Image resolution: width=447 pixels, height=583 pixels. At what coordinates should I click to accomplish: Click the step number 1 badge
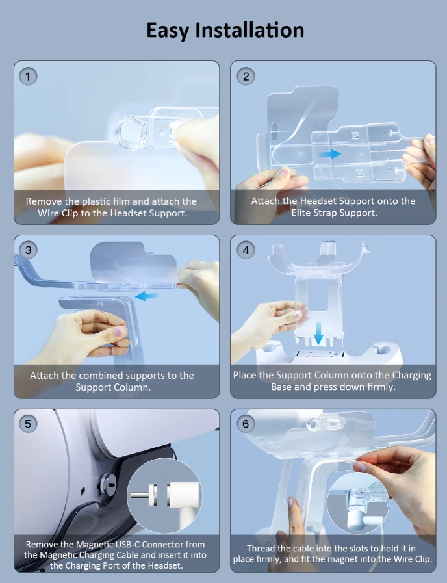coord(28,76)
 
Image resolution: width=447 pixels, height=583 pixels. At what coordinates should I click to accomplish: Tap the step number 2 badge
coord(246,76)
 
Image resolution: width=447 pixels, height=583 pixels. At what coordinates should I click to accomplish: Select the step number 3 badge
coord(28,250)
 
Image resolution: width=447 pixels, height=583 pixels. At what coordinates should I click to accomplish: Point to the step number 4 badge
coord(246,250)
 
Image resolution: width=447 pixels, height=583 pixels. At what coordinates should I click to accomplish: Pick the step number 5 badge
coord(28,424)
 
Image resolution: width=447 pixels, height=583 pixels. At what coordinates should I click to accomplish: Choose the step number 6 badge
coord(246,424)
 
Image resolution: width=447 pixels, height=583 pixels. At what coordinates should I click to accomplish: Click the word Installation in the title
coord(249,30)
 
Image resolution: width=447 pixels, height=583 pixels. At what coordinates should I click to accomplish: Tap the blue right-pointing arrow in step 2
coord(330,153)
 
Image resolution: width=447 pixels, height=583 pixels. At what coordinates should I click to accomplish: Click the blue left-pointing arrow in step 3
coord(146,296)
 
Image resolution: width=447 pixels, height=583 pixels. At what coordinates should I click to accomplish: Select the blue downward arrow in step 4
coord(318,333)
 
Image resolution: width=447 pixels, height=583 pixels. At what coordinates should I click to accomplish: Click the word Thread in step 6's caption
coord(261,548)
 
